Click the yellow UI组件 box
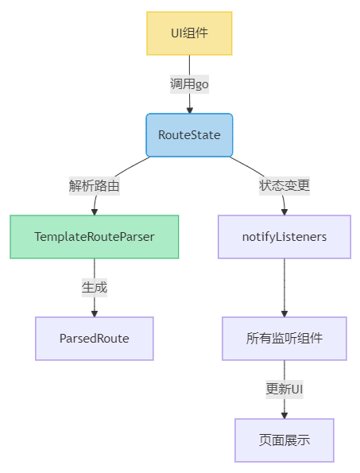pos(189,33)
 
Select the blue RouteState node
pos(189,135)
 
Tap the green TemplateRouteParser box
pos(95,237)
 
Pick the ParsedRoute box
pos(95,339)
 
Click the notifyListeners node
pos(285,237)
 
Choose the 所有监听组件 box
pos(285,339)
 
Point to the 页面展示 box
pos(285,440)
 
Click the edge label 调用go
pos(189,84)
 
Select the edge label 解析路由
pos(95,186)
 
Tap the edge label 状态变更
pos(285,186)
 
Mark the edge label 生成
pos(95,288)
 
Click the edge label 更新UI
pos(285,390)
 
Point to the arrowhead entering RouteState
pos(189,110)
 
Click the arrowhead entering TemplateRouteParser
pos(95,211)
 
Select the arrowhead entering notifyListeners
pos(285,211)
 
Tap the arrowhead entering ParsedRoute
pos(95,313)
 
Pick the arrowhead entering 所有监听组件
pos(285,313)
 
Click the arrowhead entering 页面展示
pos(285,414)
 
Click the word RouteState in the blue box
pos(189,135)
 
